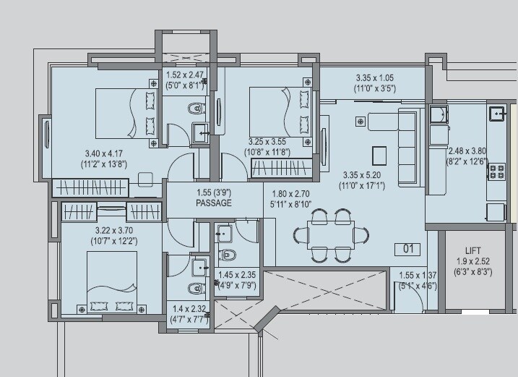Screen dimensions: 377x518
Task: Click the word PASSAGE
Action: (x=213, y=203)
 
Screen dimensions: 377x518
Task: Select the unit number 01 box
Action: (x=407, y=249)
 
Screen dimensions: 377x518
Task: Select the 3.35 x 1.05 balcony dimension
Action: (x=375, y=78)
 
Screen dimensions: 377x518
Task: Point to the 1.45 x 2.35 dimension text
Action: (x=236, y=275)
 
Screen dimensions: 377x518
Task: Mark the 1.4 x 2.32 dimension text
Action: (x=187, y=308)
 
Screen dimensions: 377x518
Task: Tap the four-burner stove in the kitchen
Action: (x=497, y=172)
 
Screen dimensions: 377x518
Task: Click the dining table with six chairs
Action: (x=332, y=234)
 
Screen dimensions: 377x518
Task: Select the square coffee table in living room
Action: (x=379, y=155)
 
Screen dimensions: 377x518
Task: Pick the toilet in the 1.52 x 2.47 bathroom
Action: (x=194, y=110)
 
